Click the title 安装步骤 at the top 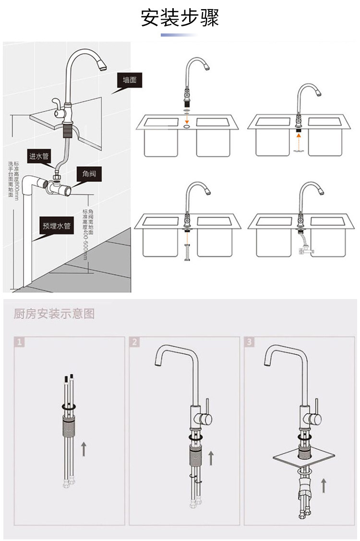pyautogui.click(x=180, y=18)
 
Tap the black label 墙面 pyautogui.click(x=130, y=81)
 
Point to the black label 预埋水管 pyautogui.click(x=56, y=226)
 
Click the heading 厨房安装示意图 pyautogui.click(x=54, y=314)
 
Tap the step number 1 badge pyautogui.click(x=19, y=342)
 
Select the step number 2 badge pyautogui.click(x=135, y=342)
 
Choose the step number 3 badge pyautogui.click(x=250, y=342)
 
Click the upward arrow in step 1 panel pyautogui.click(x=83, y=449)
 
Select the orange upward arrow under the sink pyautogui.click(x=299, y=141)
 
